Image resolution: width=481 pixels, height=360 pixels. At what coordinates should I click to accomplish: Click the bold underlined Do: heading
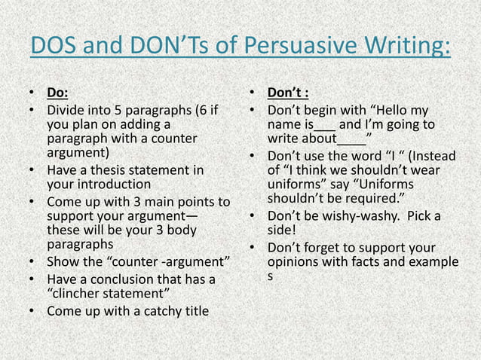[x=57, y=93]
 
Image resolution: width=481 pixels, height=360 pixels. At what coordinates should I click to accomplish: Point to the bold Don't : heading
[x=288, y=93]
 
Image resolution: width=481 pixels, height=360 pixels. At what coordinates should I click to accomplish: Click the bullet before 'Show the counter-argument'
[x=33, y=263]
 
